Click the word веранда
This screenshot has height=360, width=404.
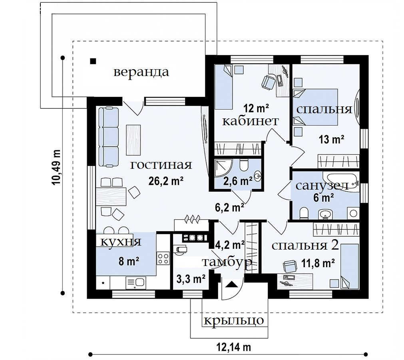tap(141, 72)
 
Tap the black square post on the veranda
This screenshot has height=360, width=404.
tap(93, 61)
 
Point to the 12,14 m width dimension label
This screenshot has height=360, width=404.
tap(234, 347)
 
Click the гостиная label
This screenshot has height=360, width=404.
tap(161, 165)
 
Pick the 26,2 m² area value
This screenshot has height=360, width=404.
tap(166, 181)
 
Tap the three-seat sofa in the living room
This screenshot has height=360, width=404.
tap(109, 137)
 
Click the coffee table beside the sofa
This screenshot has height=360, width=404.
tap(133, 140)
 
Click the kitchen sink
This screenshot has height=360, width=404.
tap(136, 283)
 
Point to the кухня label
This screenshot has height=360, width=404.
tap(121, 242)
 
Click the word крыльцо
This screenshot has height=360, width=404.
tap(234, 320)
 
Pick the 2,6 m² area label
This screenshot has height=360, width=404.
tap(238, 181)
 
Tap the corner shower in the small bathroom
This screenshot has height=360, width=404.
tap(224, 168)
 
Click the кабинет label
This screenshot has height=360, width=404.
tap(251, 121)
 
